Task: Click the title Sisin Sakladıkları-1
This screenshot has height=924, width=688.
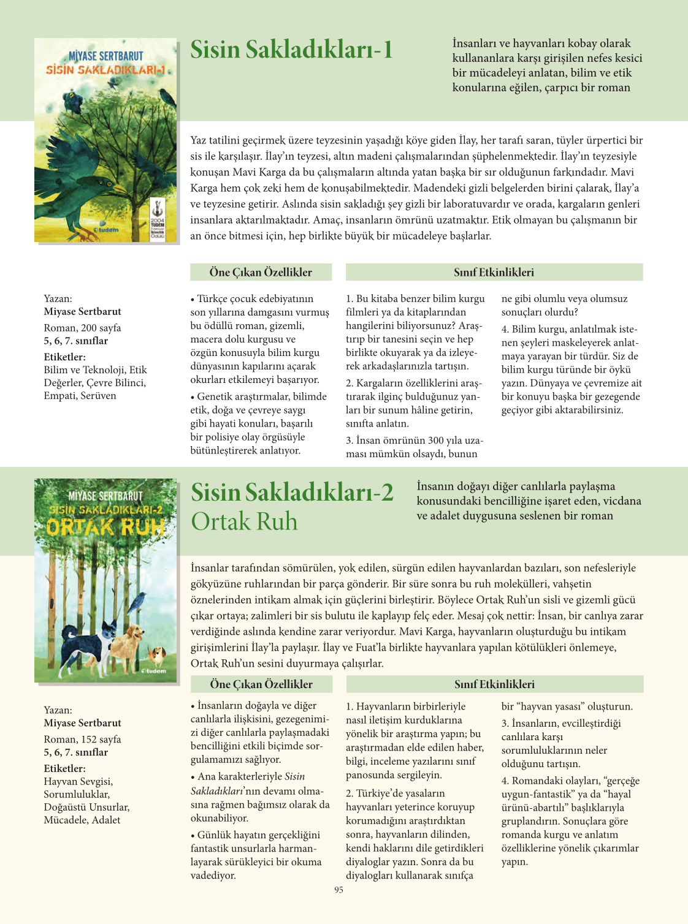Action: tap(291, 50)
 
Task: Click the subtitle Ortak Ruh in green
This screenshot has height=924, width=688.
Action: tap(244, 521)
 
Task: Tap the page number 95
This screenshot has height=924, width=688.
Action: tap(338, 890)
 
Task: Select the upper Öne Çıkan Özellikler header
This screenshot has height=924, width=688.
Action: tap(261, 272)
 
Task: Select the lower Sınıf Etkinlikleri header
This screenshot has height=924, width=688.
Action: tap(494, 684)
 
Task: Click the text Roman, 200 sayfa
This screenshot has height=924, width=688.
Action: tap(82, 328)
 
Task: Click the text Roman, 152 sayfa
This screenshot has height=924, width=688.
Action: tap(82, 739)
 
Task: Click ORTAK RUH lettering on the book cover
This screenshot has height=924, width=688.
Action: tap(105, 527)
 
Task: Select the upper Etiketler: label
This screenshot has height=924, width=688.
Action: tap(64, 357)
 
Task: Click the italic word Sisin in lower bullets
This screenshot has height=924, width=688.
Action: tap(294, 776)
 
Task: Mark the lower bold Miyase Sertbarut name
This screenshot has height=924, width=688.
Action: tap(82, 723)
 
